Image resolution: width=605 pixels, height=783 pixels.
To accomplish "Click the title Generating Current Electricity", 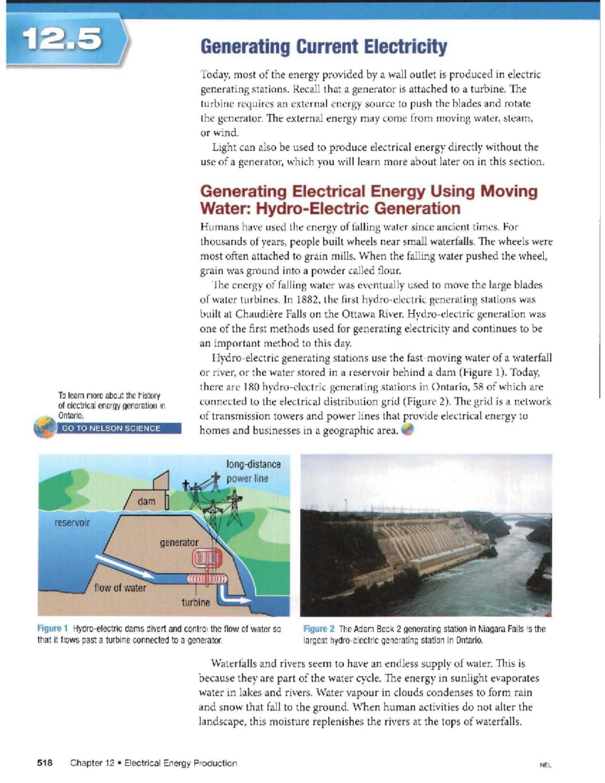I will click(323, 47).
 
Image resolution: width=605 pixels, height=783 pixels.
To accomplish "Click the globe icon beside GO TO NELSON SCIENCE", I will click(44, 428).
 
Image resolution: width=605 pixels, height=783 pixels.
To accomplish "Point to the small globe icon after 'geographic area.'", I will click(407, 430).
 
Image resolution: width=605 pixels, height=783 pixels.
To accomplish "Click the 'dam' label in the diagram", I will click(146, 501).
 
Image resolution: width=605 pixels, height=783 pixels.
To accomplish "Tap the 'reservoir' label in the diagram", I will click(72, 522).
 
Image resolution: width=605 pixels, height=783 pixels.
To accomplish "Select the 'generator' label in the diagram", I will click(179, 543).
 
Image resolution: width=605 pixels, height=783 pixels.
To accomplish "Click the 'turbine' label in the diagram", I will click(196, 602).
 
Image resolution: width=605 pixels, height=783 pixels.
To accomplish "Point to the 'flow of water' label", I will click(120, 587).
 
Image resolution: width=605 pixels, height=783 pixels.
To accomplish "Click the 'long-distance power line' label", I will click(253, 471).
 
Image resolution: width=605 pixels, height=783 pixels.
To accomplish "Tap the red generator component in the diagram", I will click(206, 558).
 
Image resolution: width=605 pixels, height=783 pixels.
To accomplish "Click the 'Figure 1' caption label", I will click(52, 629).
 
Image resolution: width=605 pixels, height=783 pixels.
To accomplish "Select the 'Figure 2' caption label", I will click(319, 629).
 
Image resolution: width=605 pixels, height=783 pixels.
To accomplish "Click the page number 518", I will click(45, 763).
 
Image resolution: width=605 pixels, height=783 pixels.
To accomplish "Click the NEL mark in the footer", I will click(546, 764).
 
